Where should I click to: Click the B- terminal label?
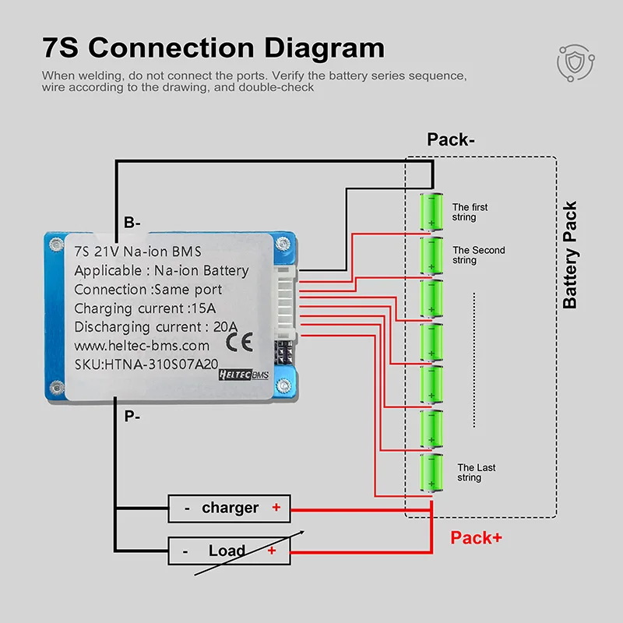132,223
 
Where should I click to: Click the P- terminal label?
132,417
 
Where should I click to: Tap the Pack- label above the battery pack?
451,139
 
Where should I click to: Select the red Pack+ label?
476,538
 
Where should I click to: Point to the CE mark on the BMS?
239,342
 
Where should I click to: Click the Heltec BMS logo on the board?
244,375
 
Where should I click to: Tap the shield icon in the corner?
575,63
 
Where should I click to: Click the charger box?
229,509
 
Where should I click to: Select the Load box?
229,551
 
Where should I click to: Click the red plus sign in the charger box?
276,507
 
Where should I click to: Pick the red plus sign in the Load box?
272,551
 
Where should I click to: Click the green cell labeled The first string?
431,211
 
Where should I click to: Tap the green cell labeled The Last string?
431,473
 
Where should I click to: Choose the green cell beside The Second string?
431,255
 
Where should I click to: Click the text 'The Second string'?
479,255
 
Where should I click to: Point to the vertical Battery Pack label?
570,255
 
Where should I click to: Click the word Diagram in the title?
324,48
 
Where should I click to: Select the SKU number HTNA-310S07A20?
161,364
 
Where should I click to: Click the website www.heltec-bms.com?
142,346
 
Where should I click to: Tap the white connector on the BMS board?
286,303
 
